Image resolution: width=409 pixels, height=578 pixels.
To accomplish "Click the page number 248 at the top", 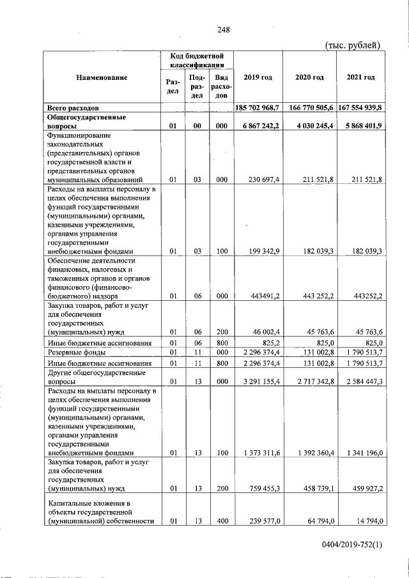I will [x=223, y=29].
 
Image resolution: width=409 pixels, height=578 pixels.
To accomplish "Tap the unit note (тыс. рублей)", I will [x=353, y=45].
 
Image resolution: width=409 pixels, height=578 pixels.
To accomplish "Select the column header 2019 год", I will [x=258, y=77].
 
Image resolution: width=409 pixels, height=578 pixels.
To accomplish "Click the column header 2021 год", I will [x=360, y=77].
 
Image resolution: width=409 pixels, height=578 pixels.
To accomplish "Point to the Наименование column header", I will [x=102, y=77].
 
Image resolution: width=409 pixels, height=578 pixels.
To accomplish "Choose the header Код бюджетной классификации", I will [x=197, y=61].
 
